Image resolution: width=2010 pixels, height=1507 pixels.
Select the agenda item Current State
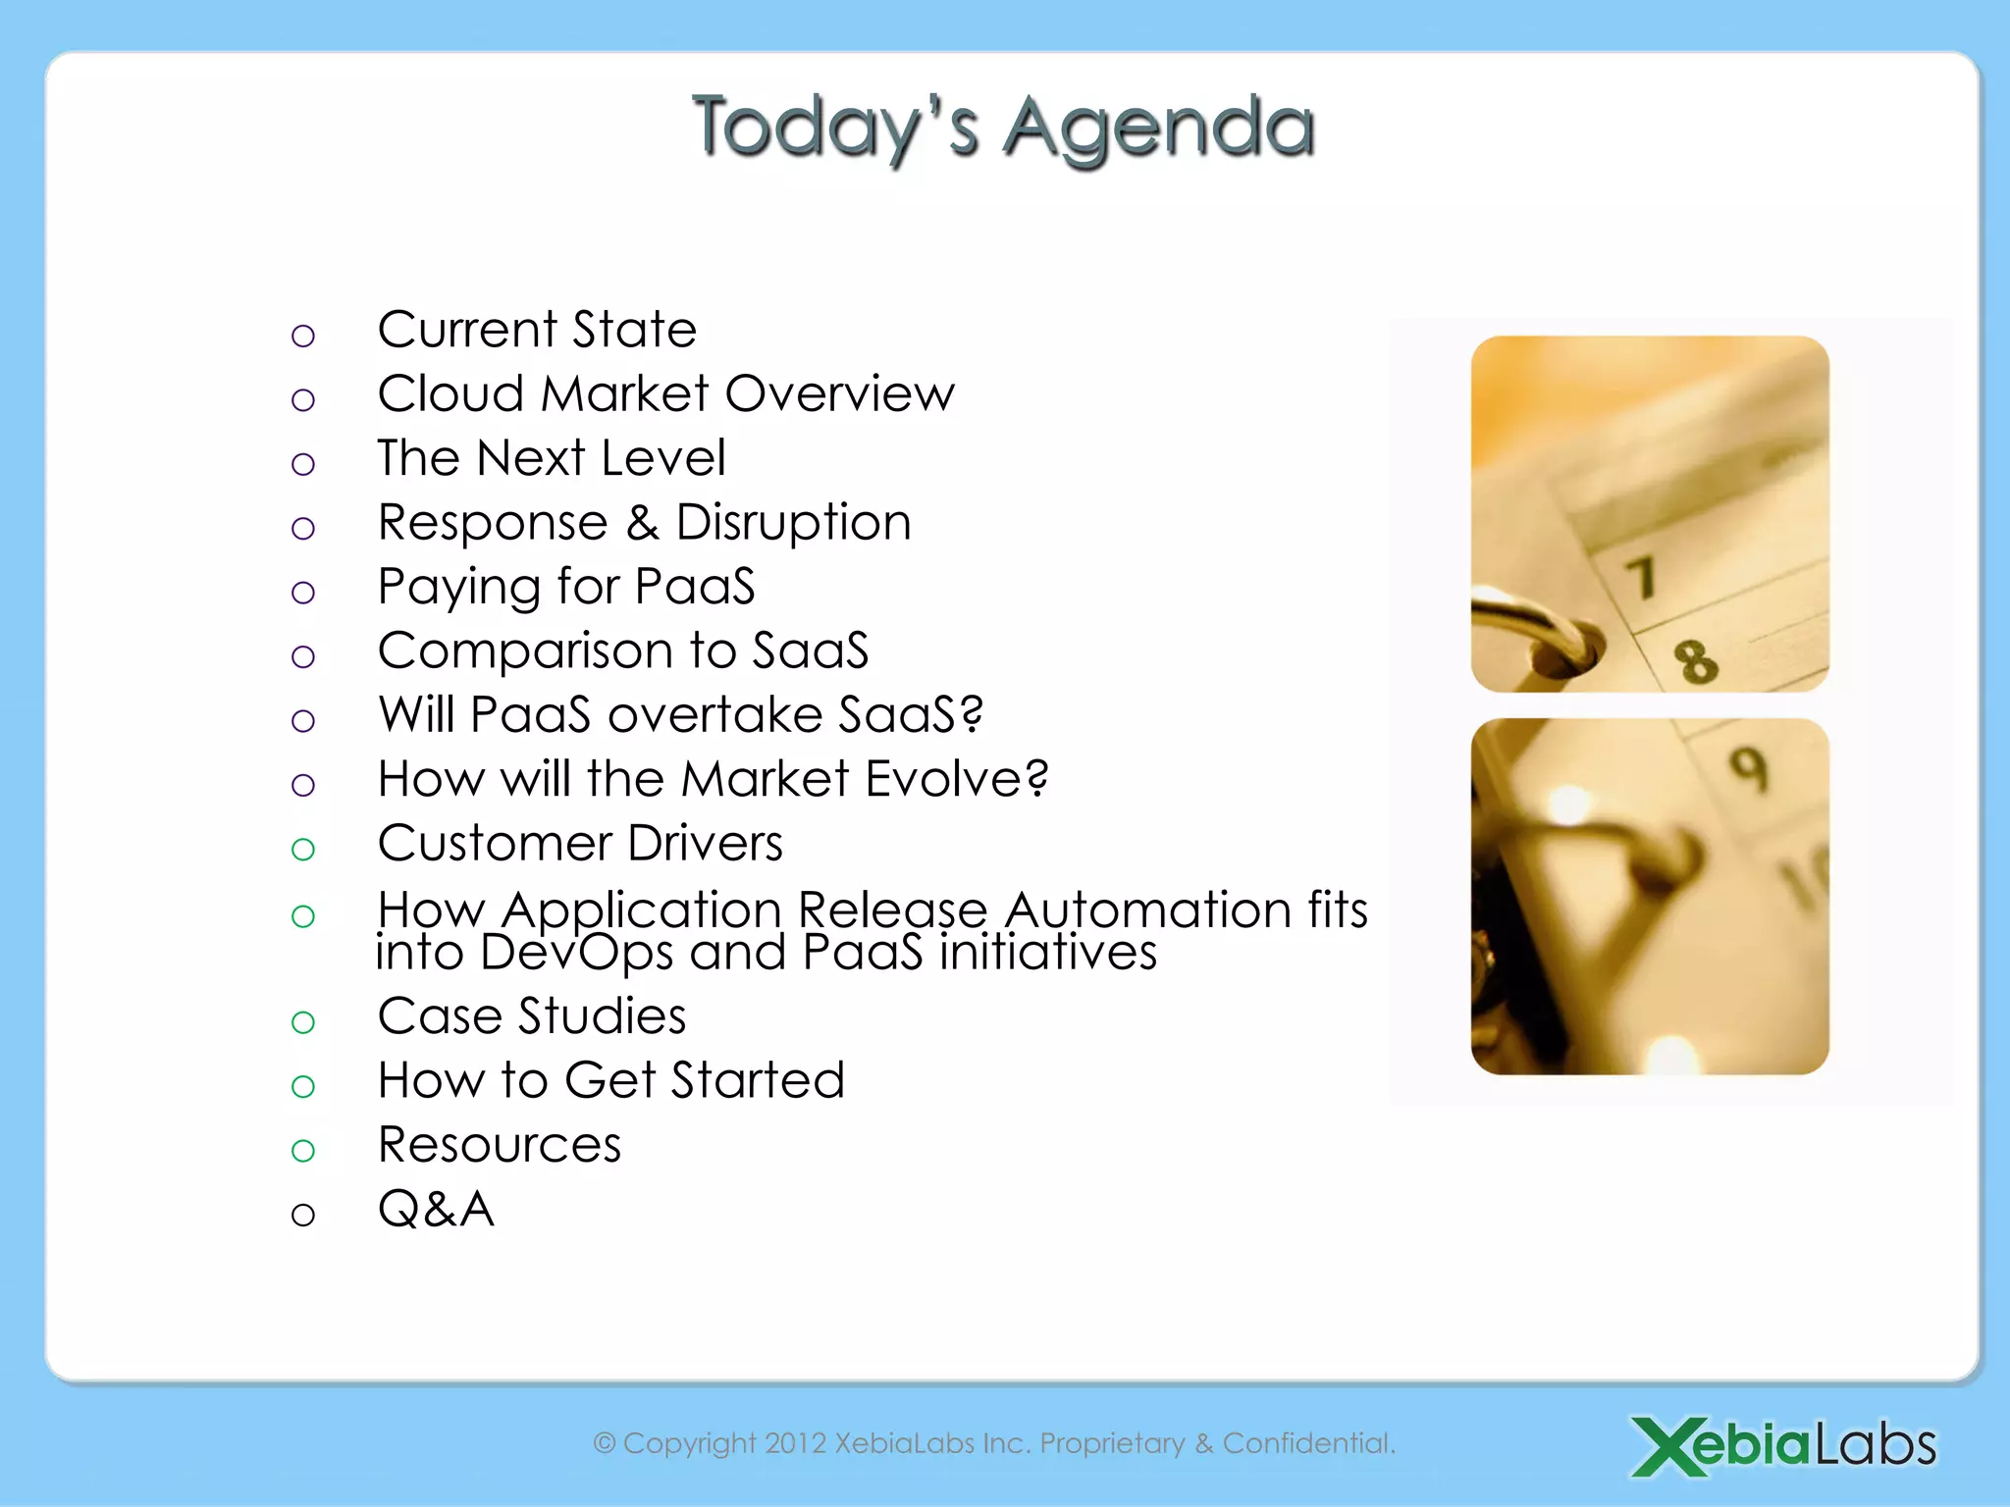[x=537, y=330]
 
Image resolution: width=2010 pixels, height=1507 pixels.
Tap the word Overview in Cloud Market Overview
[x=839, y=394]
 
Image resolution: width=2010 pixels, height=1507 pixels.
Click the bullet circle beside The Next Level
[x=303, y=464]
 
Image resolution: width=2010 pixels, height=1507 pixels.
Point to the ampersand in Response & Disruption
[x=642, y=523]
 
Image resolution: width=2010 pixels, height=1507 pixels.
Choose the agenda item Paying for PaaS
[x=566, y=587]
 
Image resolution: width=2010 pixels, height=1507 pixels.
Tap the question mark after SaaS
[x=971, y=714]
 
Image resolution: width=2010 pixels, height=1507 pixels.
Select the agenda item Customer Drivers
[x=580, y=844]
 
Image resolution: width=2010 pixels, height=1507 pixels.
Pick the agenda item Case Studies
[x=532, y=1016]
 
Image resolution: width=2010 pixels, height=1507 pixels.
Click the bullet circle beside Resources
[x=303, y=1151]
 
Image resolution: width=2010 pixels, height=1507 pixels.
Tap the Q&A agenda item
[x=436, y=1210]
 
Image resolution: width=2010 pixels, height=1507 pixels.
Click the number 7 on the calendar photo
[x=1641, y=578]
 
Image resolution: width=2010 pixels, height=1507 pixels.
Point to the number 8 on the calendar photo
[x=1695, y=660]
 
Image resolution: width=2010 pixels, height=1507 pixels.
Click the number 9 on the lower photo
[x=1749, y=768]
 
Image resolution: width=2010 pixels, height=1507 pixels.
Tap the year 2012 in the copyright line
[x=795, y=1443]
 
